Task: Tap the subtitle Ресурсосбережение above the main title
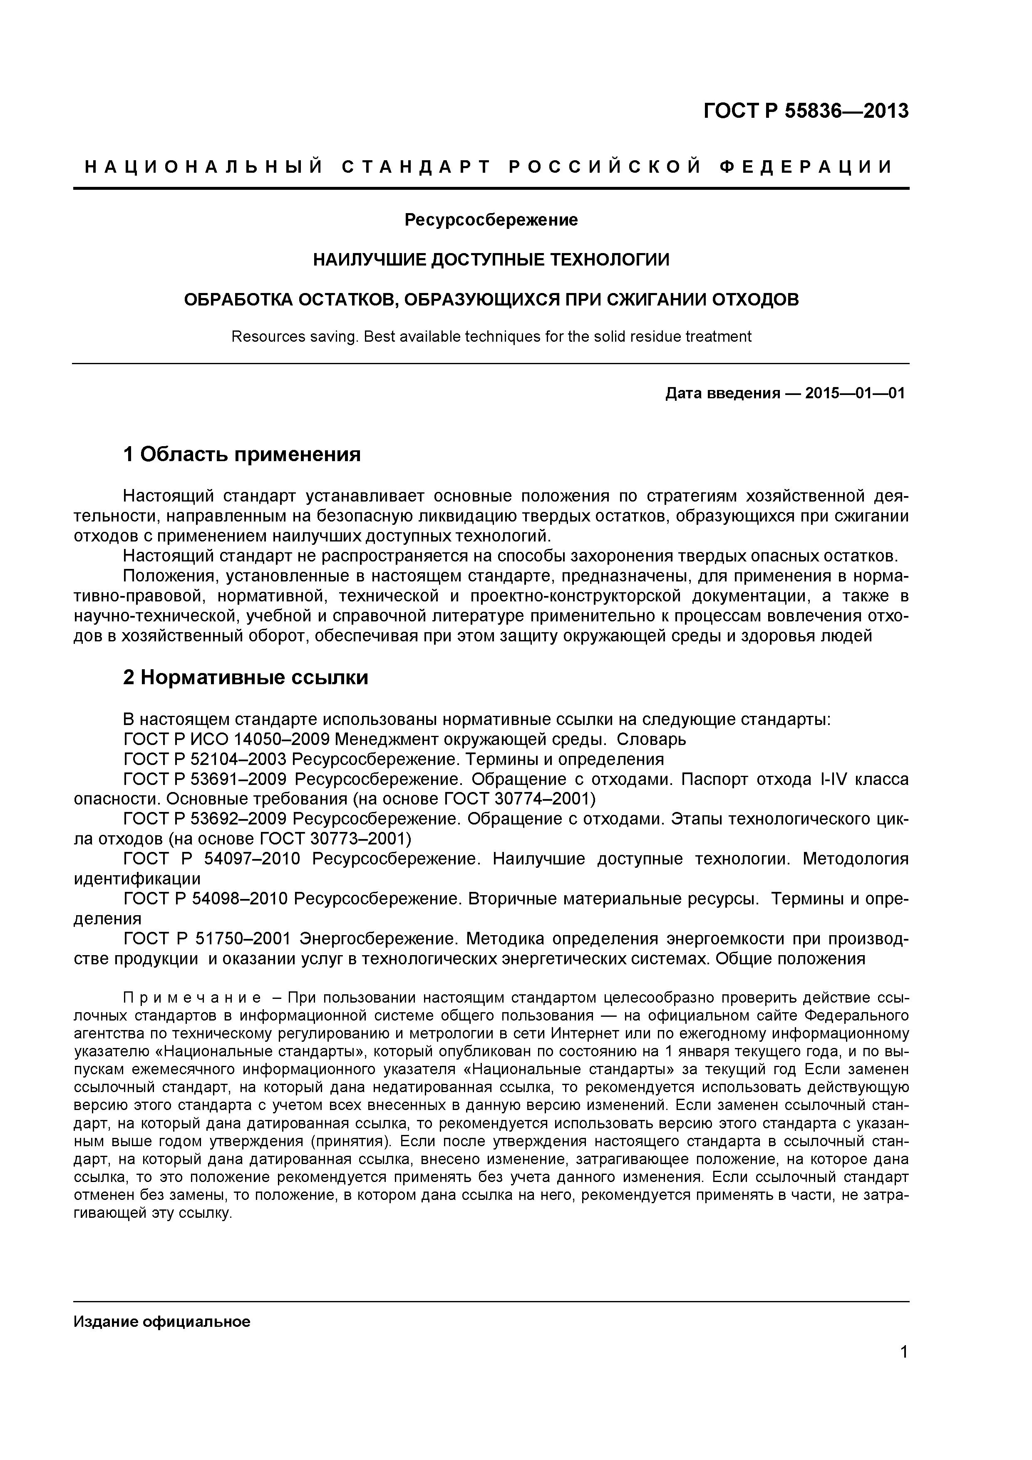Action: (491, 220)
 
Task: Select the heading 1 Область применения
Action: (242, 454)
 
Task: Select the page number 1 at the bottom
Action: (903, 1370)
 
